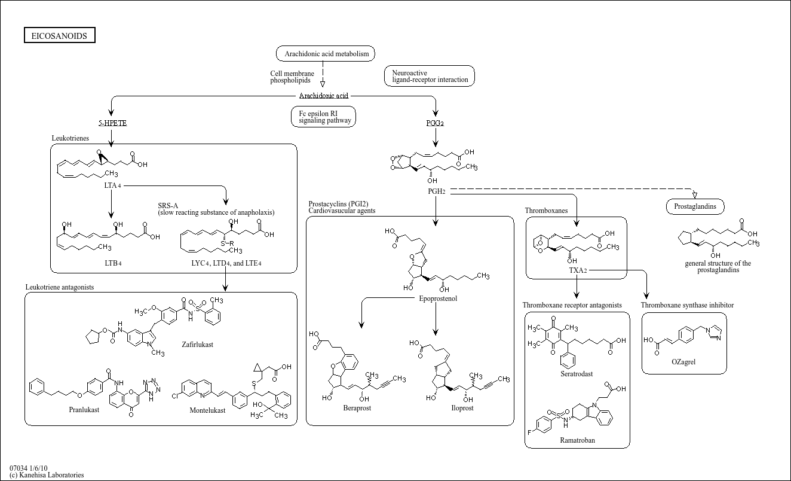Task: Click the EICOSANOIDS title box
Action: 59,36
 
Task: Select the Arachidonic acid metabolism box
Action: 326,54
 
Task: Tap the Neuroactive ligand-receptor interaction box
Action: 430,76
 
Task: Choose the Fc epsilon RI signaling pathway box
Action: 323,117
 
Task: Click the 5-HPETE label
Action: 112,123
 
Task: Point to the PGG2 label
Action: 436,123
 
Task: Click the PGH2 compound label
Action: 436,191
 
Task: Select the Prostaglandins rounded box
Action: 695,207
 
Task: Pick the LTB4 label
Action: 112,263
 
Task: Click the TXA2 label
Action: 578,270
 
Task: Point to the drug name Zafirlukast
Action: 197,345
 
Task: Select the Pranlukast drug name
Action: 84,410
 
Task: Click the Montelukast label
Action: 207,410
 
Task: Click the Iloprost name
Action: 462,408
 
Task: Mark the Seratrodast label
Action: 577,374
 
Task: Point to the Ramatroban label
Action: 577,440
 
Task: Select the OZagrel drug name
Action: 683,362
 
